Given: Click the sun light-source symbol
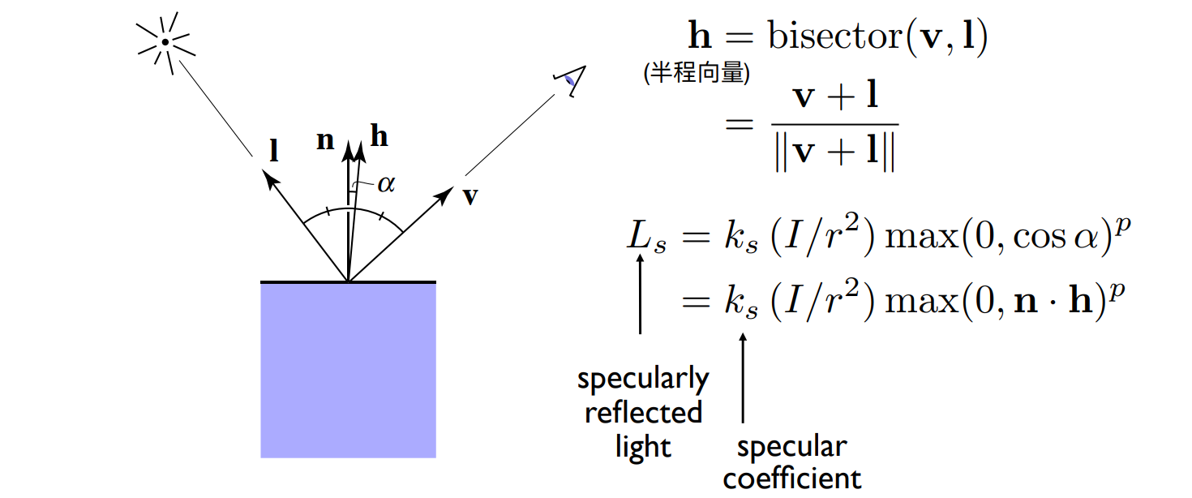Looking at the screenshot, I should click(165, 42).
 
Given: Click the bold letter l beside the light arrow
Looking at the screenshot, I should click(274, 152).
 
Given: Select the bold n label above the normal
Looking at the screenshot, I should click(325, 140).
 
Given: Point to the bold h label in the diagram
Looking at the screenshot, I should click(379, 138).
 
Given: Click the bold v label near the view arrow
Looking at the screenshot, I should click(470, 196).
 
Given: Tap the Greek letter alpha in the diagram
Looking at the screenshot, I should click(386, 184).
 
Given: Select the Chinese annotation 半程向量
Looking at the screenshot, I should click(697, 74).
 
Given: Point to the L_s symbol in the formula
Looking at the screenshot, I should click(646, 238).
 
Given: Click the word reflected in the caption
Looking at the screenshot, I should click(643, 413).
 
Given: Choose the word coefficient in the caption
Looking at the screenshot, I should click(791, 479).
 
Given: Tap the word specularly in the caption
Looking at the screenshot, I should click(643, 380).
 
